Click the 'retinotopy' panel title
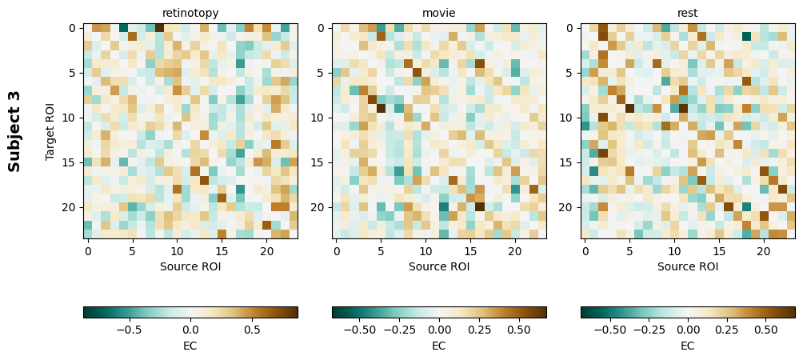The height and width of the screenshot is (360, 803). pyautogui.click(x=190, y=13)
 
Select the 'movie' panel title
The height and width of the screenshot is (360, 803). pyautogui.click(x=439, y=13)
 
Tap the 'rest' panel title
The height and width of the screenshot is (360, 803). pyautogui.click(x=688, y=13)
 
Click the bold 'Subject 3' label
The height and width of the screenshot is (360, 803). pyautogui.click(x=14, y=130)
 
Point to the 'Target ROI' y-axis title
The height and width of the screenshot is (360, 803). pyautogui.click(x=50, y=130)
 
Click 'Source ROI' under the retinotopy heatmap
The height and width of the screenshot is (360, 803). pyautogui.click(x=190, y=266)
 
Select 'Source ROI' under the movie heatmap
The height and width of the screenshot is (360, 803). pyautogui.click(x=439, y=266)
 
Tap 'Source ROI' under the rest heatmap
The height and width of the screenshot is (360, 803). pyautogui.click(x=688, y=266)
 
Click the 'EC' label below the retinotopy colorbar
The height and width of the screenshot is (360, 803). pyautogui.click(x=190, y=346)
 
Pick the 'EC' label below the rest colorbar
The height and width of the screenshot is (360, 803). pyautogui.click(x=688, y=346)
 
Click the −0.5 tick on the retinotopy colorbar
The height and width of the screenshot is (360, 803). pyautogui.click(x=128, y=329)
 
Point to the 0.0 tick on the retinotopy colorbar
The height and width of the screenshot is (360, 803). pyautogui.click(x=190, y=329)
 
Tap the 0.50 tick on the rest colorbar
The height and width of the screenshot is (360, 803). pyautogui.click(x=765, y=329)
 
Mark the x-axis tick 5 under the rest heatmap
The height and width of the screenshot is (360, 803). pyautogui.click(x=629, y=252)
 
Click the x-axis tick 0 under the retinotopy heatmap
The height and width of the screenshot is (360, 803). pyautogui.click(x=88, y=252)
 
